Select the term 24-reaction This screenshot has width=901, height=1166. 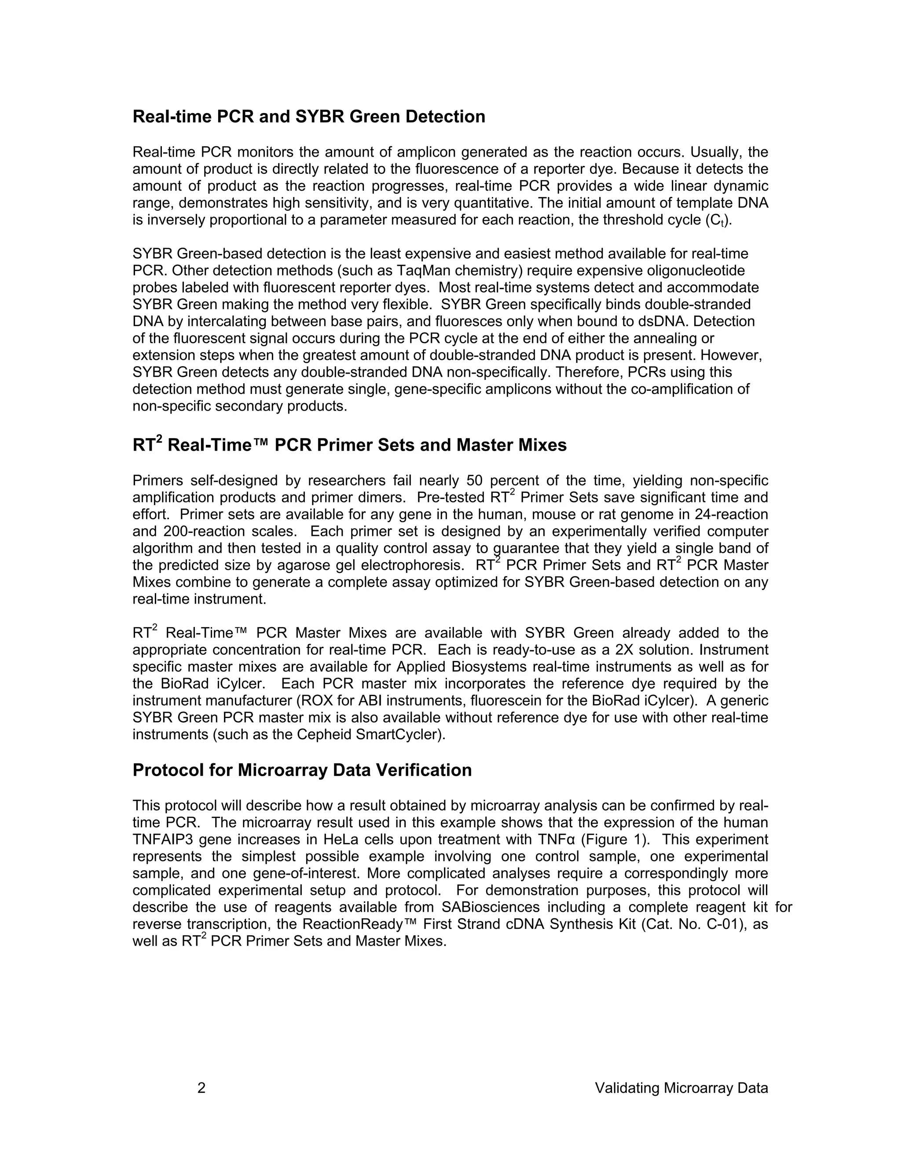click(731, 515)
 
